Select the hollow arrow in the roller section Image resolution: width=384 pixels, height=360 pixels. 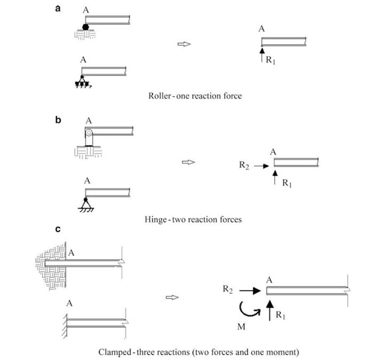184,45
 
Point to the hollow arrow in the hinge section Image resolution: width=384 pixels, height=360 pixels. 188,162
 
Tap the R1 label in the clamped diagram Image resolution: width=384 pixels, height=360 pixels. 282,315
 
